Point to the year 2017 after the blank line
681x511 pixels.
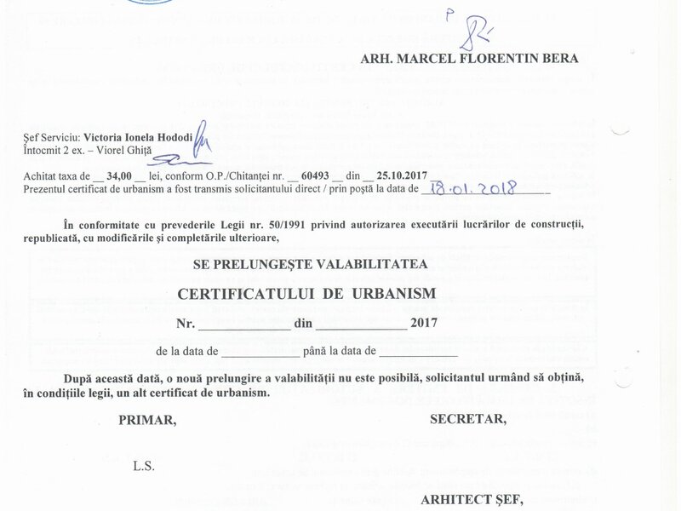(423, 323)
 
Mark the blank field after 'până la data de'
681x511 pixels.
(418, 353)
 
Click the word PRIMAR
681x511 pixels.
(148, 419)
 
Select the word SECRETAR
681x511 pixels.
(469, 419)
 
